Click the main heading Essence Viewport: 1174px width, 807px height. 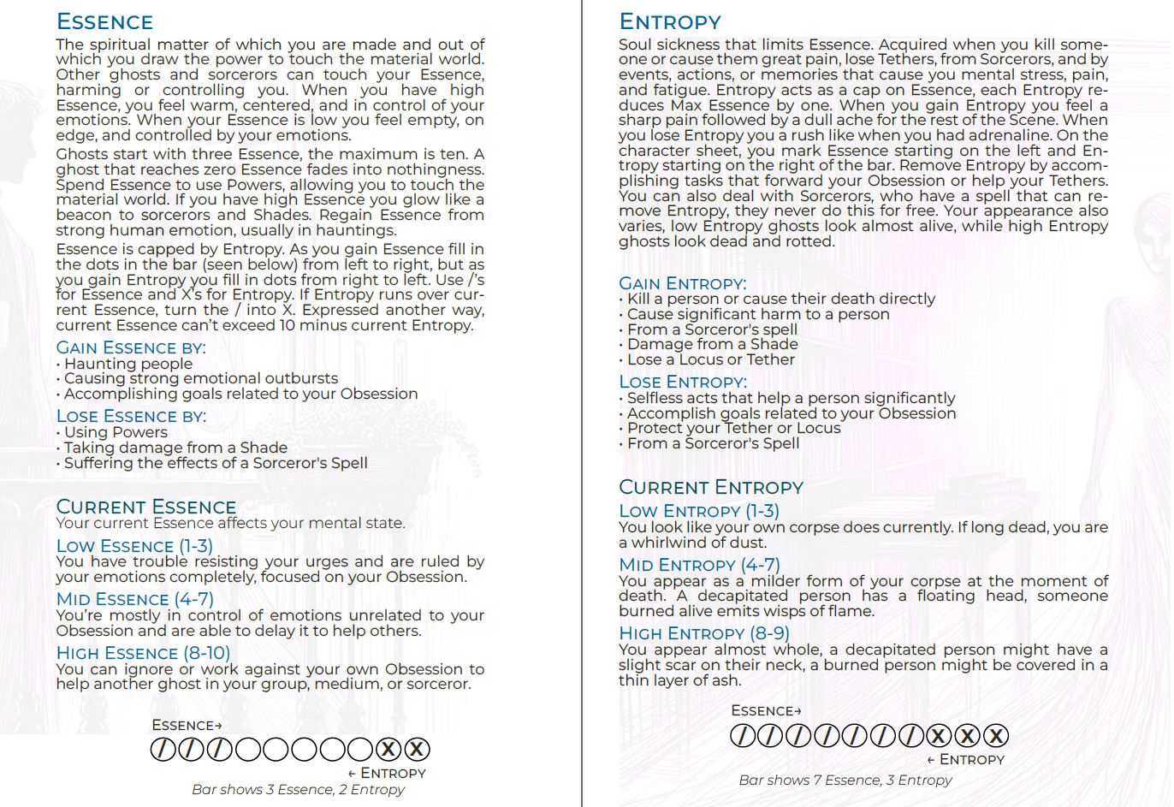[104, 22]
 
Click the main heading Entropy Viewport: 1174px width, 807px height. [670, 22]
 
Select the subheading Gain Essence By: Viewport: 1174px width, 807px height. [131, 347]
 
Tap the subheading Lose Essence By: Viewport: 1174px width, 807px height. [131, 416]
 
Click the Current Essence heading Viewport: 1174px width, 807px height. [145, 507]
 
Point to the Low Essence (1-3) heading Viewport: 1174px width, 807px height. [134, 546]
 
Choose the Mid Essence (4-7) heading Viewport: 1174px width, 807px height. [134, 599]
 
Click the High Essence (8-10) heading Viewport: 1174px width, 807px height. [143, 653]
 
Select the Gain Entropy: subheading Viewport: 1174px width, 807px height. [682, 283]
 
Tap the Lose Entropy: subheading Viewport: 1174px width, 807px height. [682, 382]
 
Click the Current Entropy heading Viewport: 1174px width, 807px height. [710, 487]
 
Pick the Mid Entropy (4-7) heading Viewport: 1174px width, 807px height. [699, 565]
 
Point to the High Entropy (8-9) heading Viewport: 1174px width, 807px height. [703, 633]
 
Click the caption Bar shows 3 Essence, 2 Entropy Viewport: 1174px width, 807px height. [298, 789]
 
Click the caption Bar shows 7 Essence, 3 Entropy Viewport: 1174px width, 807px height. [845, 780]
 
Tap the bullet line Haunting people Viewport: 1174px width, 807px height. [128, 364]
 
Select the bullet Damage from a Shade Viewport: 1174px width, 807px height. [712, 344]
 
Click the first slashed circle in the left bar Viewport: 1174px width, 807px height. [163, 750]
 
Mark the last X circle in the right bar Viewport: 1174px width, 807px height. [995, 736]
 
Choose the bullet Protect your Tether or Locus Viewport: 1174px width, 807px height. [733, 428]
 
